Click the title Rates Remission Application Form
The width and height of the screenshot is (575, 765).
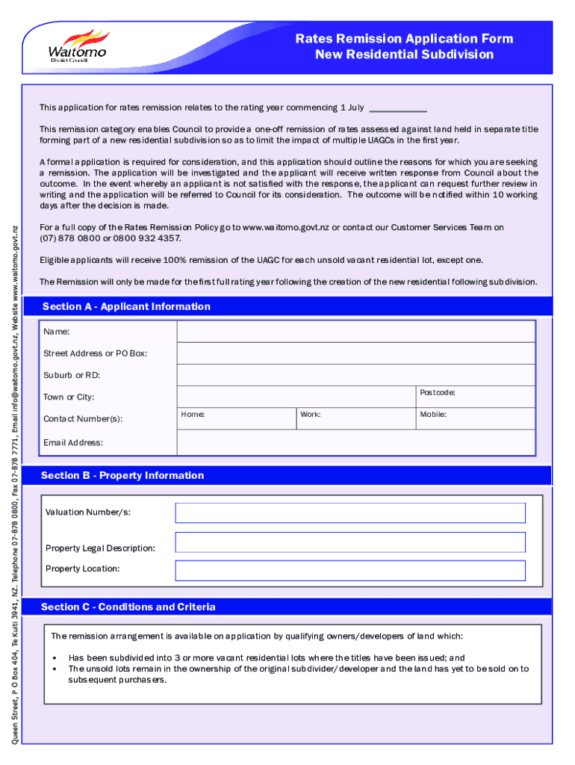pos(404,39)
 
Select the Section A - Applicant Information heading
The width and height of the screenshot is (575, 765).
pos(126,306)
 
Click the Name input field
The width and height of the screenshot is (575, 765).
pos(355,332)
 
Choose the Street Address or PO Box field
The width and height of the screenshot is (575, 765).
pos(355,353)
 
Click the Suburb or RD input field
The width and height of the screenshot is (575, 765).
pos(355,375)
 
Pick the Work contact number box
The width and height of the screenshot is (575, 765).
pos(355,419)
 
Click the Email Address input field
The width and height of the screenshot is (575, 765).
pos(355,442)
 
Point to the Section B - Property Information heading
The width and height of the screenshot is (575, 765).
pos(122,475)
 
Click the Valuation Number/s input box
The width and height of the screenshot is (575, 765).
pos(349,512)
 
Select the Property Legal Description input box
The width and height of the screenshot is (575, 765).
pos(349,543)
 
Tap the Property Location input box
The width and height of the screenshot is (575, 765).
pos(349,571)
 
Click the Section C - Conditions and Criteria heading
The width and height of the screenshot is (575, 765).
pos(128,607)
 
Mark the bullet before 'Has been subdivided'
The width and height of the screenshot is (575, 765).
pos(57,658)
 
